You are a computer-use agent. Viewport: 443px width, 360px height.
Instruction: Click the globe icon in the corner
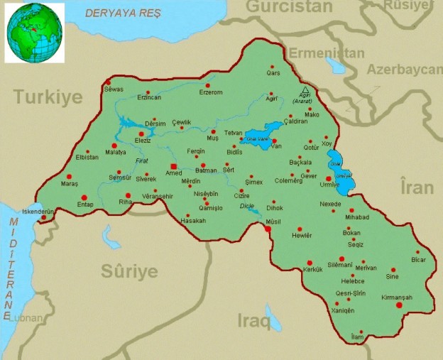[34, 33]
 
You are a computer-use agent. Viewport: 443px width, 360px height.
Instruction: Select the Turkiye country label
[48, 97]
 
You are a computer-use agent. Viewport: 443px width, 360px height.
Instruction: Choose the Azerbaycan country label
[404, 70]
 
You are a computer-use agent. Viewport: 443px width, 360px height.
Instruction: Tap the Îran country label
[417, 187]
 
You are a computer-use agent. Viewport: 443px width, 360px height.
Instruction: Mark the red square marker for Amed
[174, 166]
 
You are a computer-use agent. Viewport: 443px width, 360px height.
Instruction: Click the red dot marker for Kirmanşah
[399, 305]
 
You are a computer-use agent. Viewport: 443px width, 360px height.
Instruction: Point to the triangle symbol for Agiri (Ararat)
[305, 90]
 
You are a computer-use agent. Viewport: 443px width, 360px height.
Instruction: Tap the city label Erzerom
[211, 92]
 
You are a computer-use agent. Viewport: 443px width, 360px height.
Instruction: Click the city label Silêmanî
[339, 265]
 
